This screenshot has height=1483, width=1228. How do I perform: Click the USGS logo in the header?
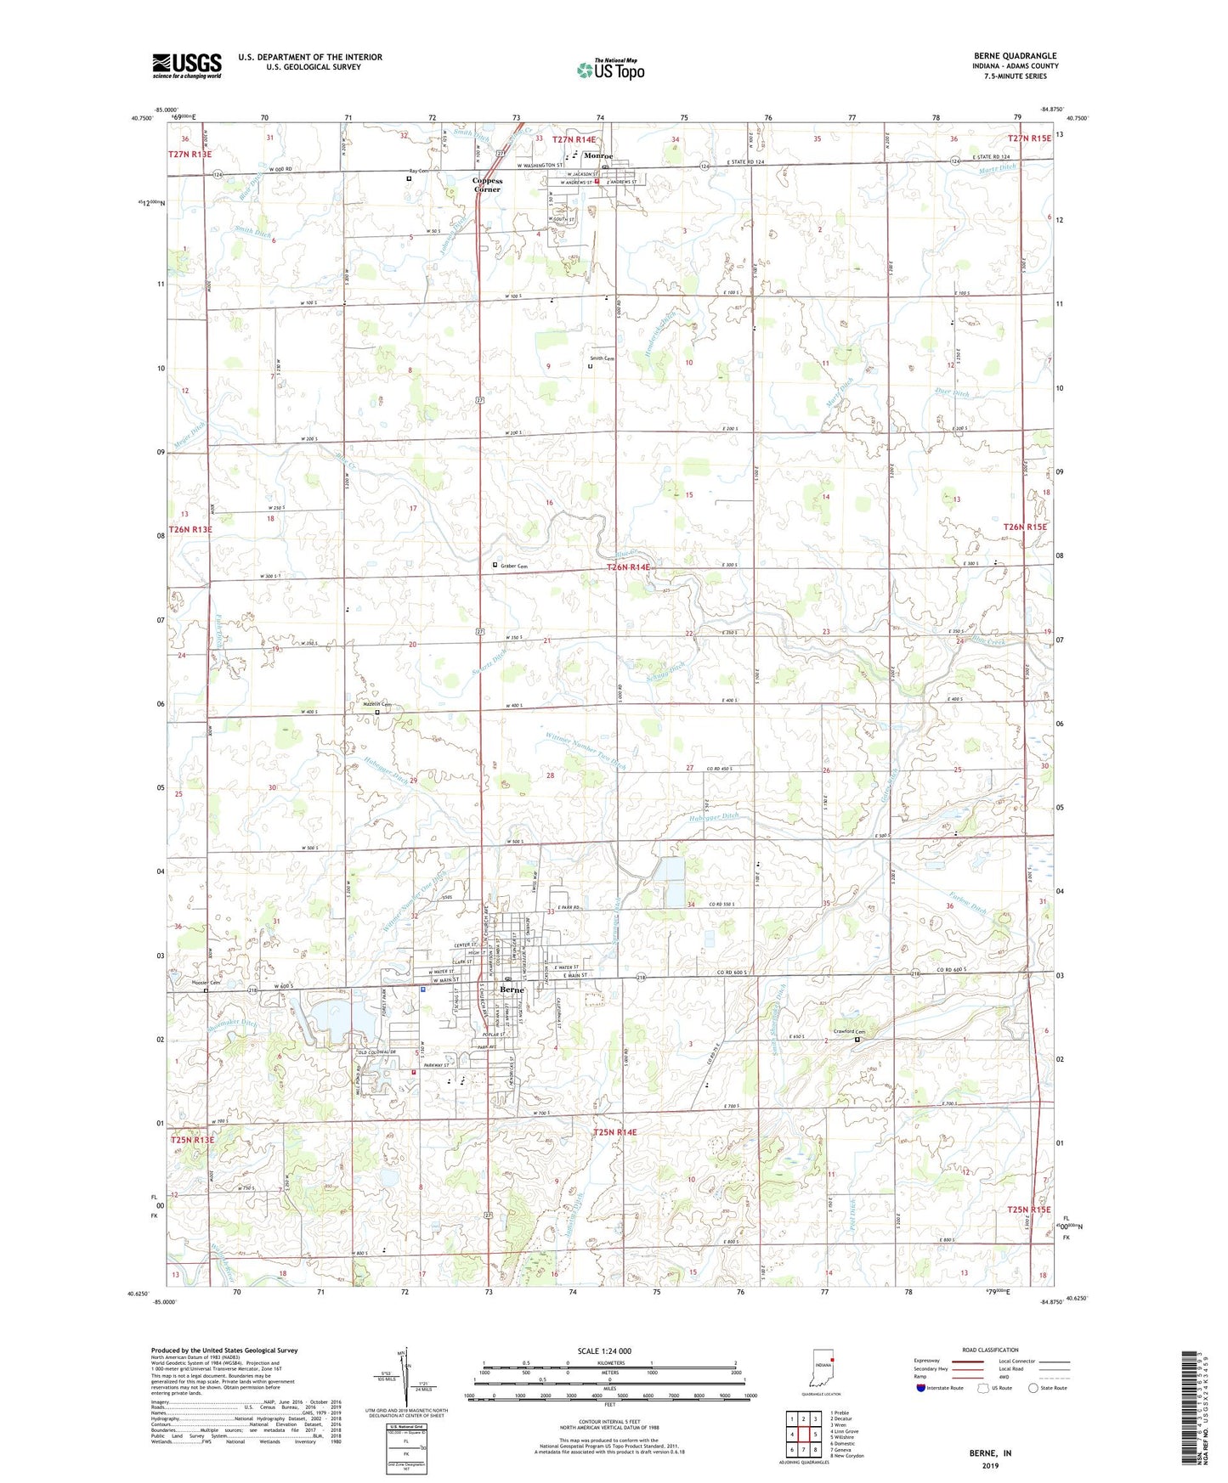187,65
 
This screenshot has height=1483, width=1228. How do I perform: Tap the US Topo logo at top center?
610,69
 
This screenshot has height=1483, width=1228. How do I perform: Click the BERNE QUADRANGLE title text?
1016,56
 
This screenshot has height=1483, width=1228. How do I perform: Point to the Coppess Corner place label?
488,184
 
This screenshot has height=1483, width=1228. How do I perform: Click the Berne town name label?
512,990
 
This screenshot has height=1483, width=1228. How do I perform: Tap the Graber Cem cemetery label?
513,566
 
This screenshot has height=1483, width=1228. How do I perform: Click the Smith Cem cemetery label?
602,358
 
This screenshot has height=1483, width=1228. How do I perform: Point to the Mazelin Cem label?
376,704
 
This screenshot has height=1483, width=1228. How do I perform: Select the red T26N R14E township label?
627,567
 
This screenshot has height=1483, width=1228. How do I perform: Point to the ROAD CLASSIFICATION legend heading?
991,1350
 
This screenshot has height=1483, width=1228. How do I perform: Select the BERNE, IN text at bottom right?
990,1453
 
